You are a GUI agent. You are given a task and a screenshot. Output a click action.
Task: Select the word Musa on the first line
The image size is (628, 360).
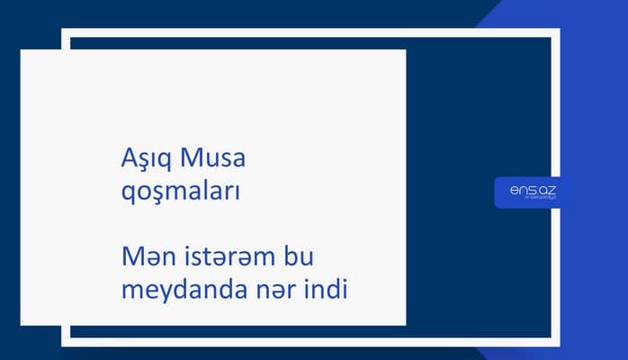click(x=213, y=157)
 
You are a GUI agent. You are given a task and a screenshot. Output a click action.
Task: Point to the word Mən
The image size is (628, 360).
click(x=147, y=258)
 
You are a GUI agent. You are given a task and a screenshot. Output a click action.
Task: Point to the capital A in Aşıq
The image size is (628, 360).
click(x=128, y=158)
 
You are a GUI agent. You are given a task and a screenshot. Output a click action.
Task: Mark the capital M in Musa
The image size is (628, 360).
click(x=190, y=157)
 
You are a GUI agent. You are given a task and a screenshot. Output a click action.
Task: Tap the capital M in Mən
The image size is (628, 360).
click(x=131, y=258)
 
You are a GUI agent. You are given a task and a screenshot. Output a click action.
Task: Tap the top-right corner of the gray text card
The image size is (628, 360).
click(x=405, y=50)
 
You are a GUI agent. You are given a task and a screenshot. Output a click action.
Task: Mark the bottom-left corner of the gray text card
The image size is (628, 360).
click(x=22, y=324)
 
